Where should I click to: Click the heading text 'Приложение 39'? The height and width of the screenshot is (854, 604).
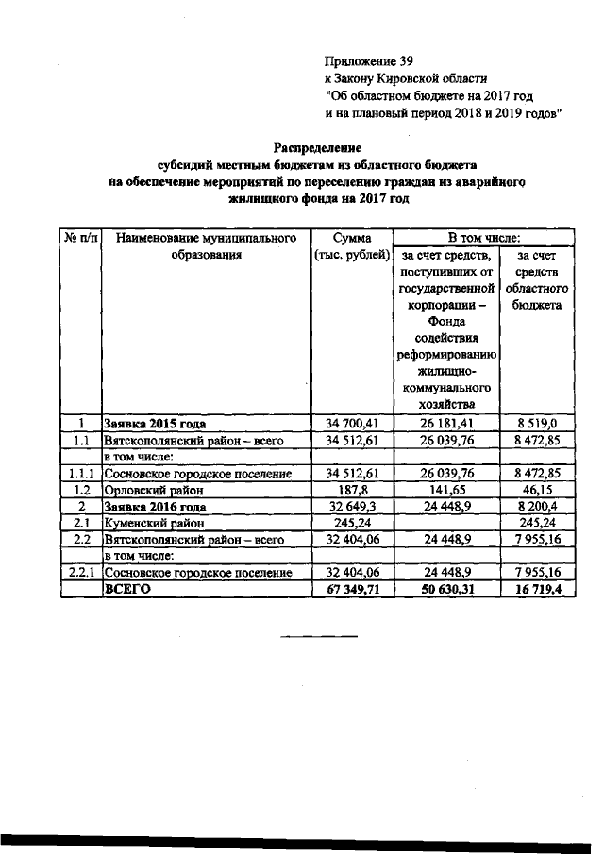click(x=368, y=60)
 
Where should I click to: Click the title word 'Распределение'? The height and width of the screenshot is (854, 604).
click(x=317, y=148)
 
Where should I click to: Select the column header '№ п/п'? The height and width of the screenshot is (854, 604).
click(x=82, y=237)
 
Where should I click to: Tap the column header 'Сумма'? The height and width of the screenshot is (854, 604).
click(x=352, y=237)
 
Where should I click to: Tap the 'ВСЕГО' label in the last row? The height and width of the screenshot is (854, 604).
click(x=127, y=589)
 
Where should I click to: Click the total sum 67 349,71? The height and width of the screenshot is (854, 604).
click(x=352, y=589)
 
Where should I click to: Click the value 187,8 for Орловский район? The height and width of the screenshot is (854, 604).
click(x=352, y=491)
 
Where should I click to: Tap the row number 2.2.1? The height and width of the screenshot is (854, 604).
click(x=82, y=573)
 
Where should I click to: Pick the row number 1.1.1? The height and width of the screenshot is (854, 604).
click(x=82, y=474)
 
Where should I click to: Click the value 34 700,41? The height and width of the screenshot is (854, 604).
click(x=352, y=424)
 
